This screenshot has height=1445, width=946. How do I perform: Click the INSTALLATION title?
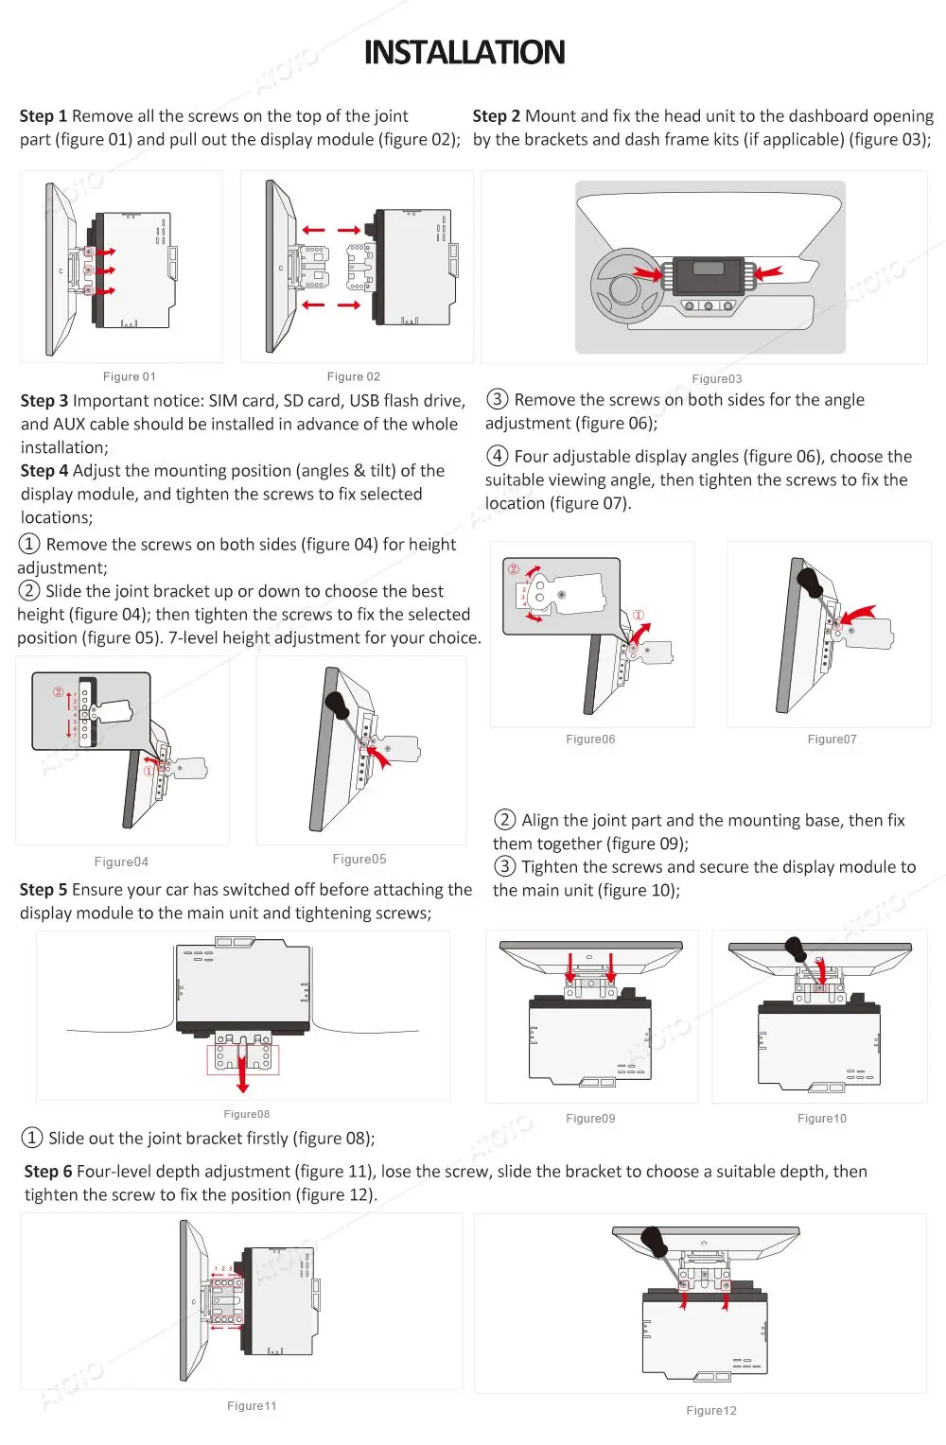click(x=464, y=52)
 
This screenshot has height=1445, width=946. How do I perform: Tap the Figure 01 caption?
click(x=130, y=376)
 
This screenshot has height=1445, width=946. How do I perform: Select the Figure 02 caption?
click(x=354, y=376)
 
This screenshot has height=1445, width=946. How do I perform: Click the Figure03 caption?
click(x=717, y=379)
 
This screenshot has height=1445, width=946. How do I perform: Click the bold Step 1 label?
click(x=44, y=116)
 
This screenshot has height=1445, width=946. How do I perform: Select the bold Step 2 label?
click(x=497, y=116)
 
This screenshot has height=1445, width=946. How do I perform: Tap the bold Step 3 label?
click(x=44, y=401)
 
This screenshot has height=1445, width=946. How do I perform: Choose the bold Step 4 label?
click(x=44, y=471)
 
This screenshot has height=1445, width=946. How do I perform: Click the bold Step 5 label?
click(x=44, y=890)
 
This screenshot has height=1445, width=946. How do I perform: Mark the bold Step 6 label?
click(x=48, y=1172)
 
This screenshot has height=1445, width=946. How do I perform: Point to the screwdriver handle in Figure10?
click(x=797, y=948)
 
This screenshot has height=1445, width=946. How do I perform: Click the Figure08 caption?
click(x=247, y=1114)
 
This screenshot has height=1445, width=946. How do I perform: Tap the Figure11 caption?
click(x=252, y=1406)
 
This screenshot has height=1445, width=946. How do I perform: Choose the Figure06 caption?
click(x=590, y=740)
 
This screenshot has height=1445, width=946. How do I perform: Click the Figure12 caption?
click(x=711, y=1411)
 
